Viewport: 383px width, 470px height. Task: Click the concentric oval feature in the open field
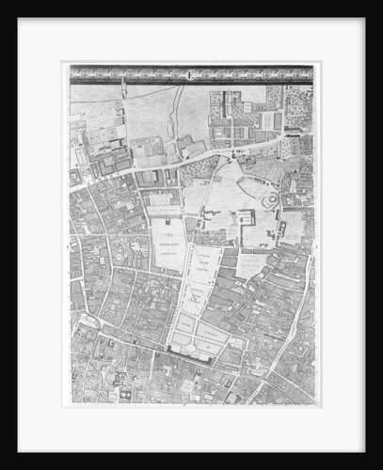click(x=270, y=200)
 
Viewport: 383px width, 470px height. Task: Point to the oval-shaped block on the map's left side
click(x=91, y=322)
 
